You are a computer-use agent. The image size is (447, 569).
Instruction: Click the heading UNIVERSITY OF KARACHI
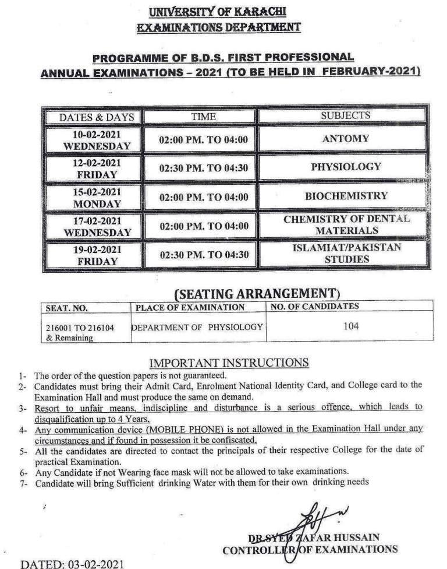218,11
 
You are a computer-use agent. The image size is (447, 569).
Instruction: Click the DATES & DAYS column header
97,117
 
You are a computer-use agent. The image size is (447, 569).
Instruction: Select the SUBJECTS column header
345,115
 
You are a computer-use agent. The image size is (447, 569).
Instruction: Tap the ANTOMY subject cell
345,139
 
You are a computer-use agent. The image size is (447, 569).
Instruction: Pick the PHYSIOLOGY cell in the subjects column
346,167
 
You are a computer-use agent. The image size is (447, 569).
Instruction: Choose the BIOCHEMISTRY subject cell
346,196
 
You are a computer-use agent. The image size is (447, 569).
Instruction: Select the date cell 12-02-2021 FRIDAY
97,168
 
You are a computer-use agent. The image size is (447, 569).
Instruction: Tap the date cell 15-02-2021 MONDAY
97,198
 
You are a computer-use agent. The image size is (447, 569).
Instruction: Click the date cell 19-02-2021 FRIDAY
97,255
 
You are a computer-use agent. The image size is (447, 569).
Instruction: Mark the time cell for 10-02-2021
204,140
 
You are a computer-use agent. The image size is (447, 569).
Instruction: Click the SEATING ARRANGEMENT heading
256,293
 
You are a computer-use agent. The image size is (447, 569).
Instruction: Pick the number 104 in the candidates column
350,326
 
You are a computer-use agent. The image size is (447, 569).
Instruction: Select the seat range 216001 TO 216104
80,328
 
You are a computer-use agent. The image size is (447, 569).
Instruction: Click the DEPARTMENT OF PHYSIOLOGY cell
197,327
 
